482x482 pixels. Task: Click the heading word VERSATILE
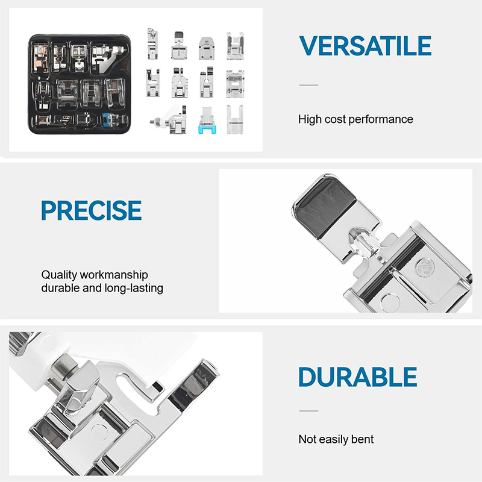[x=365, y=46]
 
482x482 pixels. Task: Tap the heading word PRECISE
[x=92, y=210]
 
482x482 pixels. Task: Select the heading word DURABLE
[x=357, y=377]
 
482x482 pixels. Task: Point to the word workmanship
[x=114, y=275]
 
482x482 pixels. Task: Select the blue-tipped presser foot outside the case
[x=207, y=120]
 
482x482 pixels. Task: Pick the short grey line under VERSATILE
[x=308, y=85]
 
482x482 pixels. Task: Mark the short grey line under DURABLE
[x=308, y=411]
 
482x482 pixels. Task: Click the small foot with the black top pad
[x=178, y=46]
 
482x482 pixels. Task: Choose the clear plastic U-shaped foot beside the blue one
[x=235, y=119]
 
